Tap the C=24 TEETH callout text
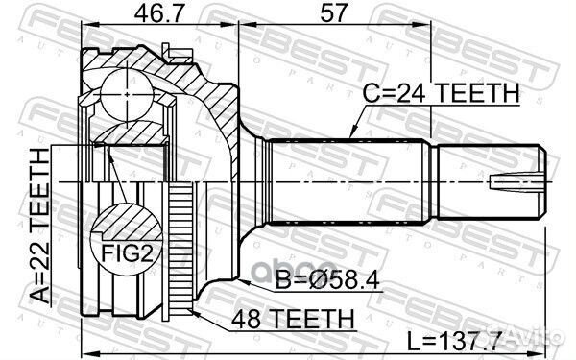click(441, 93)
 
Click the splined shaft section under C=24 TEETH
click(346, 182)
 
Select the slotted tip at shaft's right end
click(518, 181)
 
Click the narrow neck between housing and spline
click(255, 181)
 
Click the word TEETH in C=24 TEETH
click(480, 93)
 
